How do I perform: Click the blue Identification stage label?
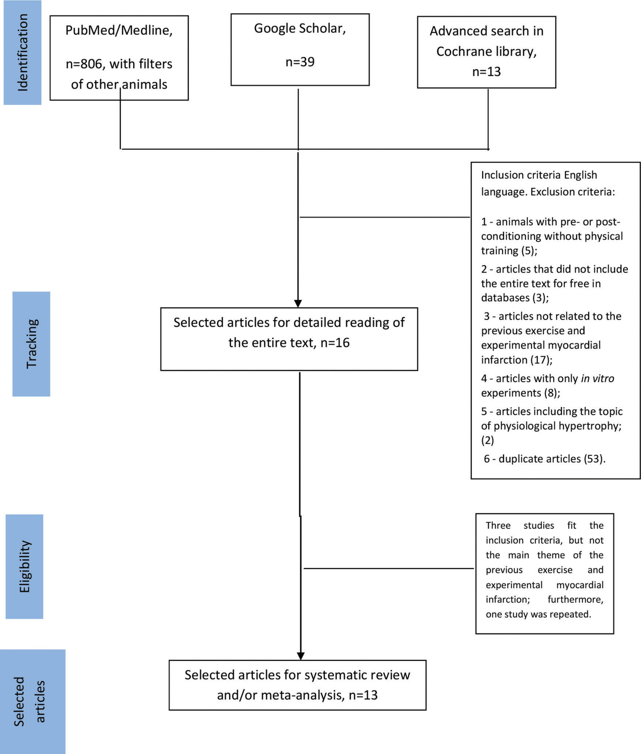coord(22,52)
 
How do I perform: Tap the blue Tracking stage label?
coord(31,344)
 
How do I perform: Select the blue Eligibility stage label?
coord(24,567)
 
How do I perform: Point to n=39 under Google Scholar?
coord(300,62)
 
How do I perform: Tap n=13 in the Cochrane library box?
coord(486,72)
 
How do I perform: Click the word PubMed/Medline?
coord(119,31)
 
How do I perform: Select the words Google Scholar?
coord(300,29)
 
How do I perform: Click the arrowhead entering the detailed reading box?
coord(298,303)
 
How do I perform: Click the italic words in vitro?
coord(597,378)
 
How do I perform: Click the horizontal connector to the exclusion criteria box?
coord(384,217)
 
